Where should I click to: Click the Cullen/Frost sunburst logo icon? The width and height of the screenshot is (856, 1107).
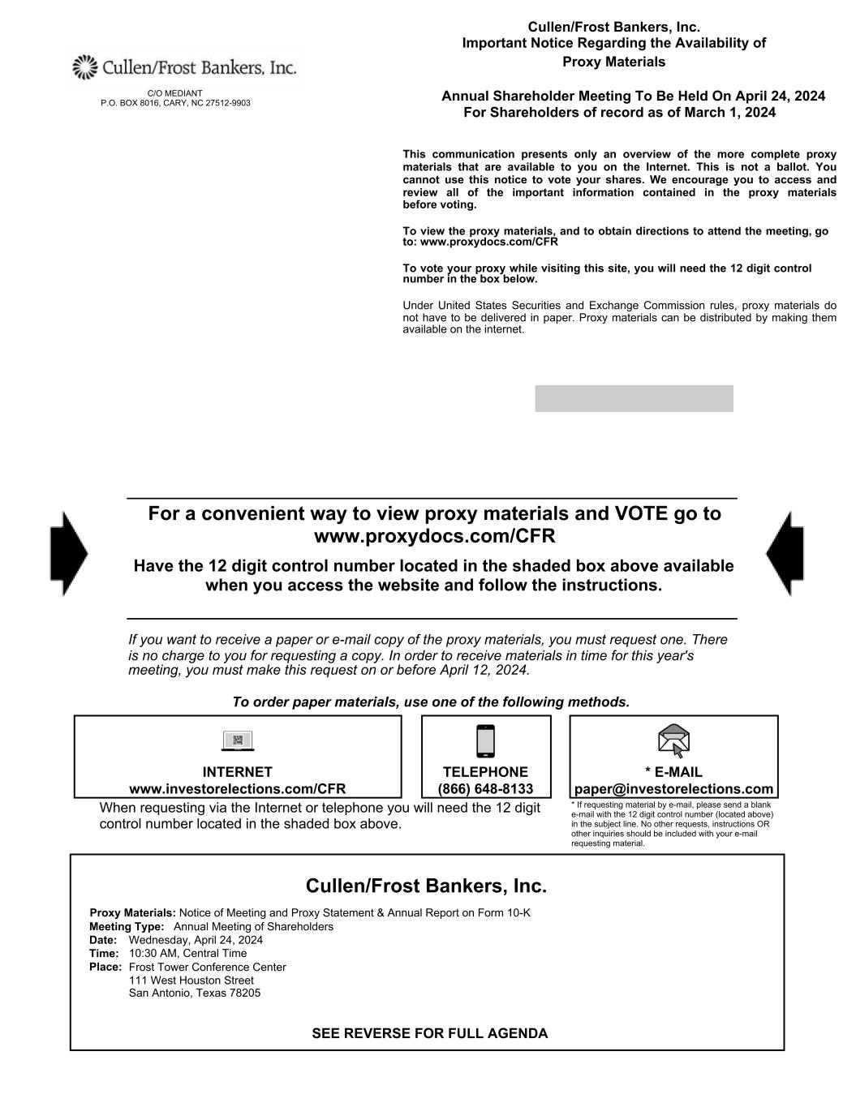point(84,67)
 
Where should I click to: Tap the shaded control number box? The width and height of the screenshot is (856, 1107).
point(634,398)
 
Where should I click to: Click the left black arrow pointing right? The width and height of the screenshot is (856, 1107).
point(68,553)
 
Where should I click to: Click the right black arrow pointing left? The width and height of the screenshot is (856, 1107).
point(785,553)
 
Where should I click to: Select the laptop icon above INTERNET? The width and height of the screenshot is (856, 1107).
point(238,740)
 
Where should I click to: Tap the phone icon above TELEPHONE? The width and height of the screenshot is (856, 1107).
point(485,740)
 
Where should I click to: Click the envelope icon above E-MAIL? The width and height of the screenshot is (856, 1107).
point(673,740)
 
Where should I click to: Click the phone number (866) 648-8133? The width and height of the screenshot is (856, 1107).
point(485,789)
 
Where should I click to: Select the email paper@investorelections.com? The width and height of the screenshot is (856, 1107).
point(673,789)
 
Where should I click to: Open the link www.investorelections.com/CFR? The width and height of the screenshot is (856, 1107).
point(238,789)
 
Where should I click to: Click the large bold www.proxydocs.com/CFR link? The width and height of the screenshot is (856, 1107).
point(434,537)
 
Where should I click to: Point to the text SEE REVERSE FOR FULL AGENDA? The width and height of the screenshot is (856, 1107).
point(429,1033)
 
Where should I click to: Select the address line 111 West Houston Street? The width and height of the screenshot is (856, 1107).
point(191,980)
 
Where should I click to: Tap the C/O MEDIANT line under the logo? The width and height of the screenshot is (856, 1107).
point(174,93)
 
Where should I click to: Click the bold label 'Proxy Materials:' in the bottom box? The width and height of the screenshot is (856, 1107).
point(132,912)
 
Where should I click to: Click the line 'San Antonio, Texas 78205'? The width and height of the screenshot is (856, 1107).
point(195,993)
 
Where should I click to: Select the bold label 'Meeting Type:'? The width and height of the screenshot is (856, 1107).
point(127,926)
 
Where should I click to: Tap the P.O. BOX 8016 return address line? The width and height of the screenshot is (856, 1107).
point(175,103)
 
